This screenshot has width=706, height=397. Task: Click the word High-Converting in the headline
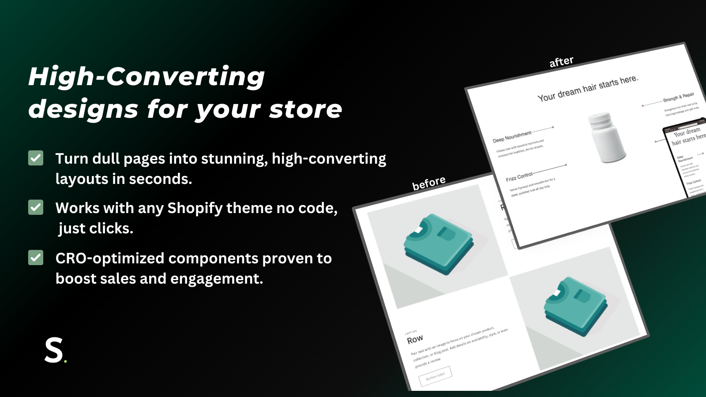146,76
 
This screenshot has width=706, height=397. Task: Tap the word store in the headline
305,109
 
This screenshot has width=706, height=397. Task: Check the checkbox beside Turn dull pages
36,158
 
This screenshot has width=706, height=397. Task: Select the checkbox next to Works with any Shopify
36,207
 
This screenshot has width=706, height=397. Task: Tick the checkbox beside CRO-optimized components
36,258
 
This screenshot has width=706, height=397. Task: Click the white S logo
54,351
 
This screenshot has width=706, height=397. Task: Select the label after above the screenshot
561,62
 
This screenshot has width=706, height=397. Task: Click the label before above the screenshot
429,183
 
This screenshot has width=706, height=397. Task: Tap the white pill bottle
607,137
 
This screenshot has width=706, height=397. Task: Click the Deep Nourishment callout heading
512,137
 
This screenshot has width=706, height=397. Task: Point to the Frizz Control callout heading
519,177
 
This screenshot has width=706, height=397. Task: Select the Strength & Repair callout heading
678,97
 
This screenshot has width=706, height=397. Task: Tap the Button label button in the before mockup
435,376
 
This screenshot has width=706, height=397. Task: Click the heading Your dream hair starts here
588,88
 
